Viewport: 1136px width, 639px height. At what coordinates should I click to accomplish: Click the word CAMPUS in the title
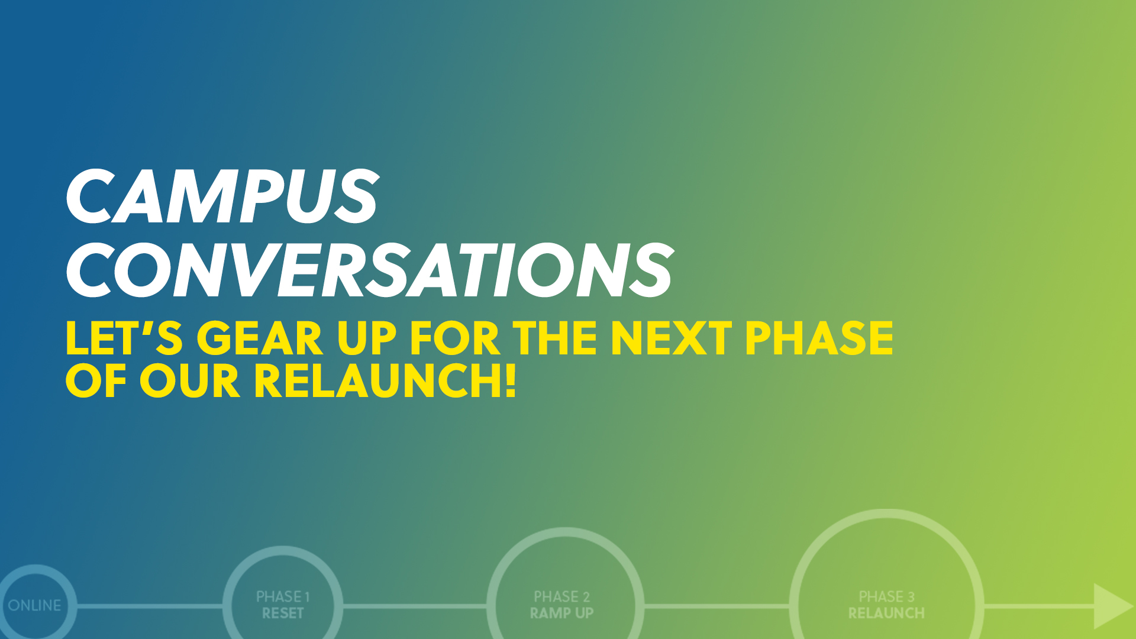[x=222, y=196]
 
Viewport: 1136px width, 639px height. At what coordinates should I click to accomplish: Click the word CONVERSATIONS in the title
[x=370, y=270]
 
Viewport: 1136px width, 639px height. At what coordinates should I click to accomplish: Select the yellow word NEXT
[x=671, y=338]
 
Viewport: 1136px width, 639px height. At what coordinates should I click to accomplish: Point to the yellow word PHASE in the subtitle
[x=819, y=338]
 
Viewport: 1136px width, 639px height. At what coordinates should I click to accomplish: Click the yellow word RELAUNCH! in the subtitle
[x=385, y=380]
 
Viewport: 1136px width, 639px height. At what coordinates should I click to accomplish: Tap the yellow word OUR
[x=189, y=380]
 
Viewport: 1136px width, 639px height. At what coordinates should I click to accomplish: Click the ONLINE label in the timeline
[x=34, y=605]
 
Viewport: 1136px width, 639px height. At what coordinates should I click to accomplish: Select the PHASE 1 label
[x=283, y=596]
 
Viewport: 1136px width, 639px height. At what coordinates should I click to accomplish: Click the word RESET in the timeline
[x=283, y=613]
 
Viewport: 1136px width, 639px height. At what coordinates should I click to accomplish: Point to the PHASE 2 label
[x=561, y=596]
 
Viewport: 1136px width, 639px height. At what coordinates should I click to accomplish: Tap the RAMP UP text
[x=561, y=613]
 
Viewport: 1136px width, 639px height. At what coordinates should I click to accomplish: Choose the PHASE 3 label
[x=886, y=596]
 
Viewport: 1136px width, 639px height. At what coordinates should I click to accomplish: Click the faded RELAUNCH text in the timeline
[x=886, y=613]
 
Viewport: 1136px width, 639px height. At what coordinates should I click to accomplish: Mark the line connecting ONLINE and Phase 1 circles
[x=150, y=606]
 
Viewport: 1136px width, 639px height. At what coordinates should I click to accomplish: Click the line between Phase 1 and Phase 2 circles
[x=415, y=606]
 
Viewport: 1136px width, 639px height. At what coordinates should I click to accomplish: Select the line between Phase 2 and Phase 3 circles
[x=717, y=606]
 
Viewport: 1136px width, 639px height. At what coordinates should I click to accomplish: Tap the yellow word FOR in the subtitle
[x=455, y=338]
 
